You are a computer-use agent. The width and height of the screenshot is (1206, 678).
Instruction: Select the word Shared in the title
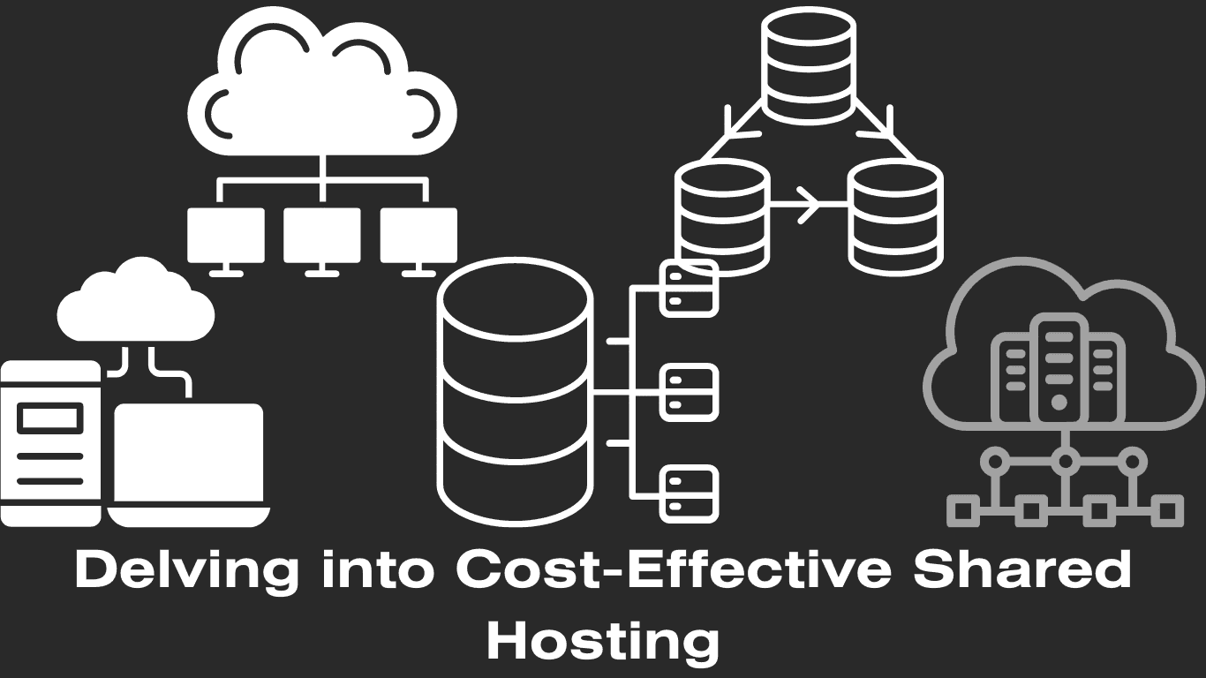[1021, 570]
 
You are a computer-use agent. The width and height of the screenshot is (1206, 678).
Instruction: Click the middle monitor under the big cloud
[322, 236]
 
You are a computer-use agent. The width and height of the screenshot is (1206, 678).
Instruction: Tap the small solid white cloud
[136, 305]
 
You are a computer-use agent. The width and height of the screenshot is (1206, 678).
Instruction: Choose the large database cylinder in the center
[515, 393]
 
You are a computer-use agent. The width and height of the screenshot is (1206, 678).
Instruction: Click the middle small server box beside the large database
[689, 393]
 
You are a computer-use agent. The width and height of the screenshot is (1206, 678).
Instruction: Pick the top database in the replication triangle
[808, 65]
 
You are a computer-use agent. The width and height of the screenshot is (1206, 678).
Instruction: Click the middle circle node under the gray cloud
[1066, 460]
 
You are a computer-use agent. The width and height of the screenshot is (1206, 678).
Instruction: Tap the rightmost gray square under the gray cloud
[1167, 510]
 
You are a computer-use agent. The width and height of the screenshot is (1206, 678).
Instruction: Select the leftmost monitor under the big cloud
[225, 236]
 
